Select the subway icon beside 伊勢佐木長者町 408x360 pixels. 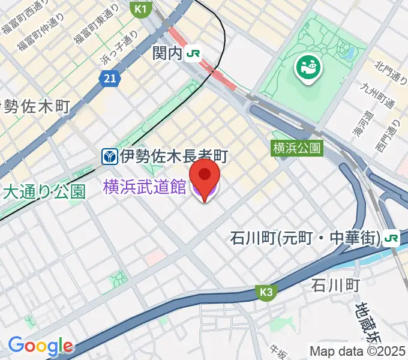tap(109, 157)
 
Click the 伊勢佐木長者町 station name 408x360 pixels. tap(173, 157)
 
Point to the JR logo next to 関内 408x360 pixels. tap(193, 53)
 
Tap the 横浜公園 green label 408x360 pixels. tap(298, 148)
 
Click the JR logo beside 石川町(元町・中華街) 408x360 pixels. tap(392, 239)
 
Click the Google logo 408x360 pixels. tap(40, 346)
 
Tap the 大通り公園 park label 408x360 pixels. tap(45, 192)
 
